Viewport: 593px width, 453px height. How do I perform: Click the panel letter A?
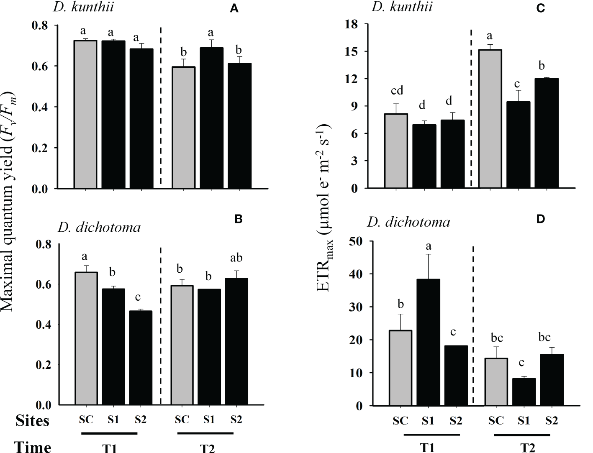[234, 9]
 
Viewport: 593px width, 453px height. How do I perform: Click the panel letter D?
[541, 219]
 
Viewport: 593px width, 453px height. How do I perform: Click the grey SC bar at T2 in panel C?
[490, 119]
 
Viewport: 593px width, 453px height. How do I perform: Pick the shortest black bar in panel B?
[141, 358]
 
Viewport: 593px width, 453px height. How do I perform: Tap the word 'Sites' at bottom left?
[33, 420]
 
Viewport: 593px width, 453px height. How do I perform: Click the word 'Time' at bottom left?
[33, 447]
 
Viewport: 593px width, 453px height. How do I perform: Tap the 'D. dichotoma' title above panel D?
[408, 222]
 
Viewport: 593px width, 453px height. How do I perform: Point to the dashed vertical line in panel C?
[471, 109]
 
